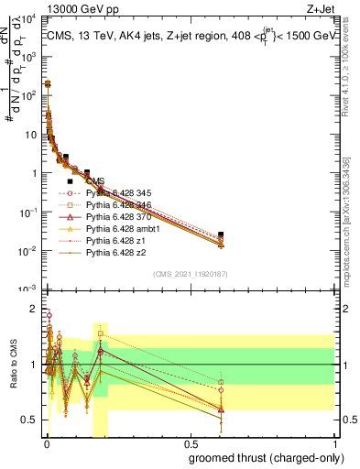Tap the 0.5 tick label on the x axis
[x=190, y=444]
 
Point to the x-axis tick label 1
[x=335, y=444]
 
